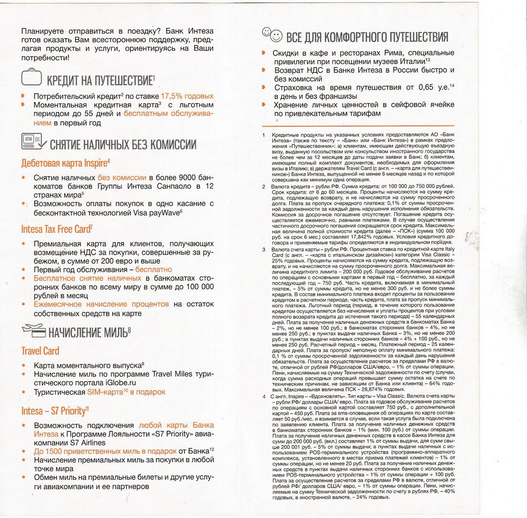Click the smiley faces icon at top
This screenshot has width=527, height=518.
(272, 35)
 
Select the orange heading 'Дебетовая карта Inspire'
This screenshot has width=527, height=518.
(65, 163)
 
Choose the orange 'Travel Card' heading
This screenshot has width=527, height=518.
(40, 351)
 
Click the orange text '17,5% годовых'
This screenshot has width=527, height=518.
(187, 96)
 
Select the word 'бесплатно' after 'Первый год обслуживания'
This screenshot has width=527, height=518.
(154, 270)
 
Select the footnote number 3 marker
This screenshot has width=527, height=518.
(264, 249)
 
